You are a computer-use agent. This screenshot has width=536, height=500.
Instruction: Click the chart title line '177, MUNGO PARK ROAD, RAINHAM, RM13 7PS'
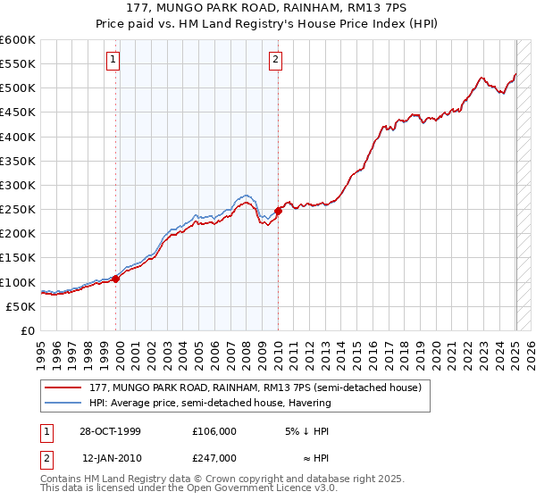[268, 9]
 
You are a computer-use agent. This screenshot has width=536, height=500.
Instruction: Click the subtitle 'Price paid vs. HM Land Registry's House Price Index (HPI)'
[268, 24]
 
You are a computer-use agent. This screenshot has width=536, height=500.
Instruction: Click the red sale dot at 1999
[116, 279]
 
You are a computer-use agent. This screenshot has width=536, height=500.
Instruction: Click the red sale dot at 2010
[278, 211]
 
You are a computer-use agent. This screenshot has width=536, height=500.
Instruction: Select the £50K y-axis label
[21, 306]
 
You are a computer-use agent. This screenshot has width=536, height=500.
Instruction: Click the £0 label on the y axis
[27, 330]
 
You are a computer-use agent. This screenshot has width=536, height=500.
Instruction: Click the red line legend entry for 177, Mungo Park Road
[260, 387]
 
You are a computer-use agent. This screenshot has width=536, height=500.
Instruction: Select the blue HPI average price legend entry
[209, 403]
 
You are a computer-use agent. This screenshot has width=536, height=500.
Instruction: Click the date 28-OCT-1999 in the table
[110, 430]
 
